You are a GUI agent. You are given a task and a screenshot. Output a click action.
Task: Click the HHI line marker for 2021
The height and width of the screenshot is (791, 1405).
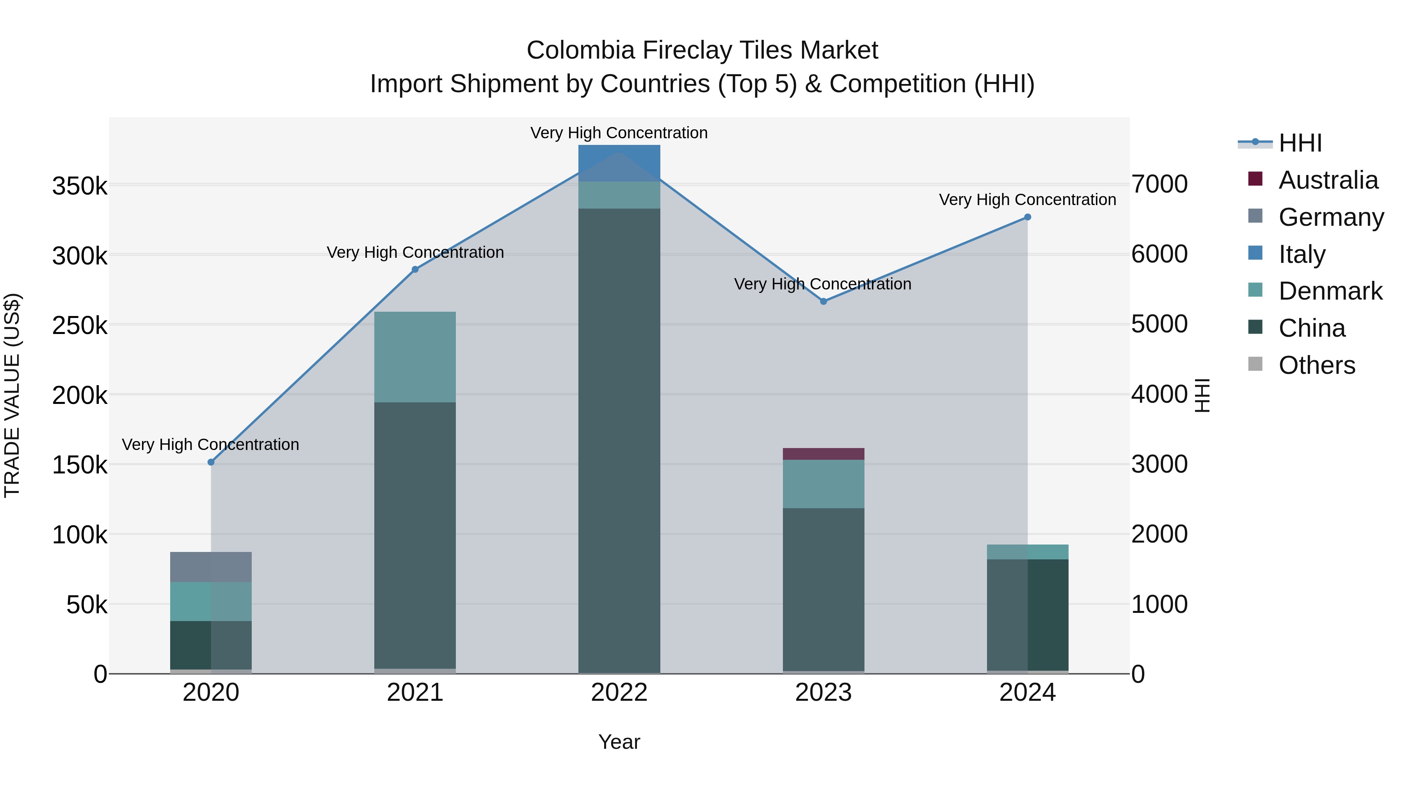pos(415,269)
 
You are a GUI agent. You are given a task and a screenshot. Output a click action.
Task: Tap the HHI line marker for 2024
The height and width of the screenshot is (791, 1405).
pos(1028,217)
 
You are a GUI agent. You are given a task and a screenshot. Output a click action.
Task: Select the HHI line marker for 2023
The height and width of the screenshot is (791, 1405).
pos(823,301)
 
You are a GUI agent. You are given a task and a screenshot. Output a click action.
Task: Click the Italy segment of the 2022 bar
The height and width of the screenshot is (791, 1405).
pos(619,162)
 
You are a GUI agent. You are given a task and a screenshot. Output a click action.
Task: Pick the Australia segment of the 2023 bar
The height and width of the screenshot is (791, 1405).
pos(823,454)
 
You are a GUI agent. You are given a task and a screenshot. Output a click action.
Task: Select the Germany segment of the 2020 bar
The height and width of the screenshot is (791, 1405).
pos(211,567)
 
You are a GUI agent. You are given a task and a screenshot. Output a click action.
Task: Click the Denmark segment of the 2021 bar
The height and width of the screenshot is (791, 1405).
pos(415,357)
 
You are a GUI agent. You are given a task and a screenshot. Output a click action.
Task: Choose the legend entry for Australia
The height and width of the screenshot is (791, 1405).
pos(1328,180)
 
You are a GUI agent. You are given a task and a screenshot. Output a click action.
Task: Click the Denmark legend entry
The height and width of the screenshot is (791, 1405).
pos(1330,291)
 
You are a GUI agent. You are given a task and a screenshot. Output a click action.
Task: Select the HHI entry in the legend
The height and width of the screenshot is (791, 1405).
pos(1300,143)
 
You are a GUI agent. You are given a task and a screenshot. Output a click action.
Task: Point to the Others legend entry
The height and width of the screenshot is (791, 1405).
pos(1316,365)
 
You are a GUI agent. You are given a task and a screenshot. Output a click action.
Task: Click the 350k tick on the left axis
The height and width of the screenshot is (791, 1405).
pos(80,186)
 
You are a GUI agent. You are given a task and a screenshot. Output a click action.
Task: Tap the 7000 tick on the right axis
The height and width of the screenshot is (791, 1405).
pos(1159,184)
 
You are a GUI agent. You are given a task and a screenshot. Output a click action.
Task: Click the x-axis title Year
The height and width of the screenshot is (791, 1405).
pos(619,742)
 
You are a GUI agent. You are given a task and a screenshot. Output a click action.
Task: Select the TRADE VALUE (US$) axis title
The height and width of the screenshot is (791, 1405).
pos(12,395)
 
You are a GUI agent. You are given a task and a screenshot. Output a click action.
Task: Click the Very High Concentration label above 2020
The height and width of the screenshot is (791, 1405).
pos(210,445)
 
